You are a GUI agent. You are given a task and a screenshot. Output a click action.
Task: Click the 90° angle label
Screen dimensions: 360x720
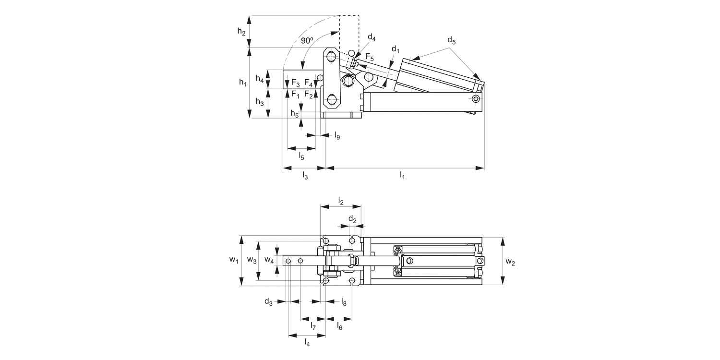point(307,41)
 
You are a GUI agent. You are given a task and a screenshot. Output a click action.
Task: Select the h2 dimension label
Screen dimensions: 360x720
point(242,32)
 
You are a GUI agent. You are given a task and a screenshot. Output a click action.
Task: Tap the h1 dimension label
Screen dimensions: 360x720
point(243,83)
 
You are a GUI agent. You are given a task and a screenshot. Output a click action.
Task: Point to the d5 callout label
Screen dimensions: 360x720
point(451,40)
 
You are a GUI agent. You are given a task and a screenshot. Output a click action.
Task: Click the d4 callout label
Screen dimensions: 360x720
point(372,38)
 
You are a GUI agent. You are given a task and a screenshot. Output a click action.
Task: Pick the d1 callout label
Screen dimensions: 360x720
point(396,49)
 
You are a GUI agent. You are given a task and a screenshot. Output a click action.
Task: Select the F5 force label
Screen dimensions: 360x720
point(370,57)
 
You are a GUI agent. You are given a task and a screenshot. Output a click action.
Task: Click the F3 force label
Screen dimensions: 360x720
point(296,83)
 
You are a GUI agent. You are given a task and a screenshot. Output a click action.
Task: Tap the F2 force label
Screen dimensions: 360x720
point(309,95)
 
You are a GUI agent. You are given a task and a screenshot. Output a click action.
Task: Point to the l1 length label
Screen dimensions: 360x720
point(402,176)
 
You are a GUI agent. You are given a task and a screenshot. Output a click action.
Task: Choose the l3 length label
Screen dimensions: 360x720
point(305,176)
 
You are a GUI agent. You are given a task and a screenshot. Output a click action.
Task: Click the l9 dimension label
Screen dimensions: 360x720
point(337,136)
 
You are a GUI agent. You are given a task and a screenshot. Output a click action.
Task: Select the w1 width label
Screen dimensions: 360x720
point(234,260)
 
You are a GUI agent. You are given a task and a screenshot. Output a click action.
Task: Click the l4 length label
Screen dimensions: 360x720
point(307,342)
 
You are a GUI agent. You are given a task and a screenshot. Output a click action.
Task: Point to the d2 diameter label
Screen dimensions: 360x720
point(352,219)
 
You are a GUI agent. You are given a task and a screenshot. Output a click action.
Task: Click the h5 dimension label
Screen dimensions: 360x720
point(294,114)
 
